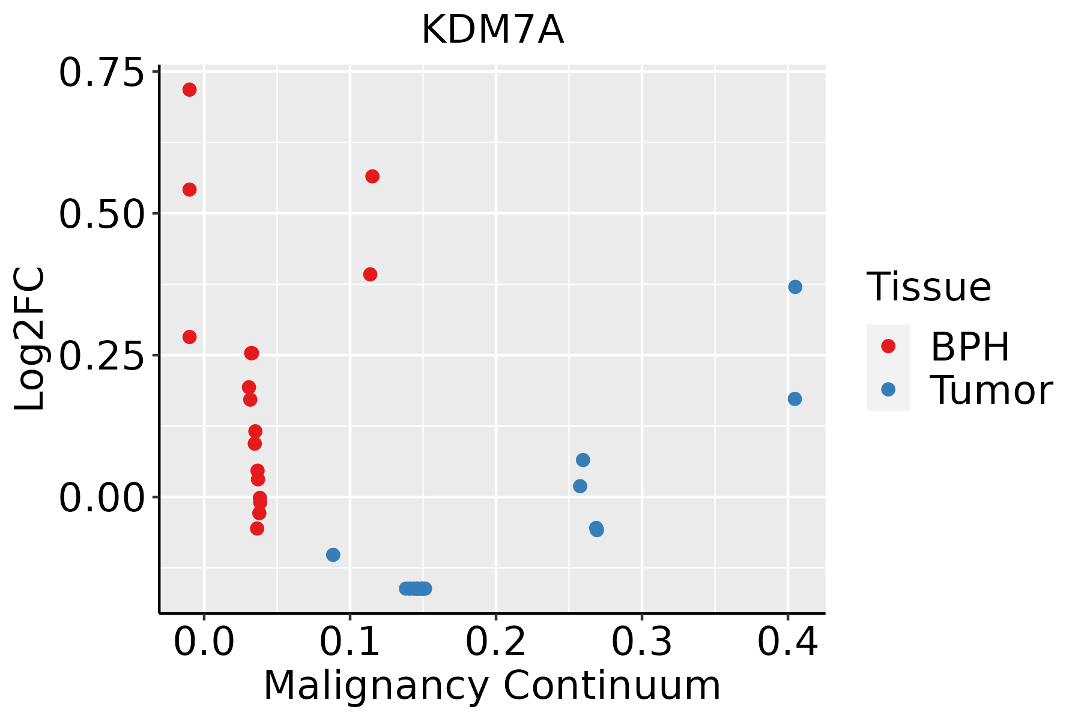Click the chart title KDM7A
[492, 30]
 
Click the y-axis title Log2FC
[30, 339]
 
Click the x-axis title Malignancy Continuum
[492, 686]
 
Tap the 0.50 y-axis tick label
[101, 214]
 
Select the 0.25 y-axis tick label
[101, 356]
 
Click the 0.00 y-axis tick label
[101, 498]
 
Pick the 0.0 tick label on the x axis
[204, 642]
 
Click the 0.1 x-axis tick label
[350, 642]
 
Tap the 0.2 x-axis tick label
[495, 642]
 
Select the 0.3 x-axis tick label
[641, 642]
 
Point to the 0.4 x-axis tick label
[787, 642]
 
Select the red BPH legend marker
[888, 346]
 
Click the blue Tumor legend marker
[888, 389]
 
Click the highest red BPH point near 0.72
[189, 90]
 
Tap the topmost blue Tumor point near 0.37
[795, 287]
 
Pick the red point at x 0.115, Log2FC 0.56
[372, 176]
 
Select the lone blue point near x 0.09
[333, 555]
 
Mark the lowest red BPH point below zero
[257, 528]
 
